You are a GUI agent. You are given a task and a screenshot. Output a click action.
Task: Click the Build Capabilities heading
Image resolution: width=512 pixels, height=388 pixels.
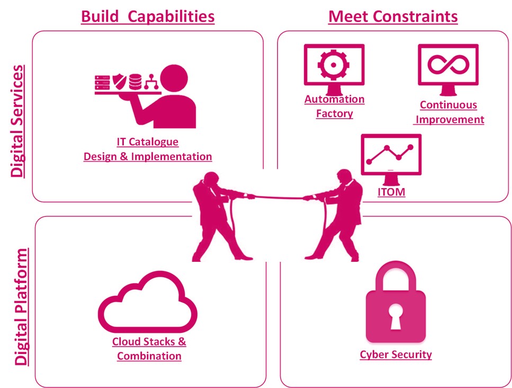(x=148, y=16)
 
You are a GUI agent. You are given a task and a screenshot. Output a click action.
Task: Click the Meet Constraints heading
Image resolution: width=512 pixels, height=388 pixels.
(x=393, y=16)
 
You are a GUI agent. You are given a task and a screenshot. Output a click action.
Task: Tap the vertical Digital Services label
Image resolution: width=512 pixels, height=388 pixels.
(x=17, y=121)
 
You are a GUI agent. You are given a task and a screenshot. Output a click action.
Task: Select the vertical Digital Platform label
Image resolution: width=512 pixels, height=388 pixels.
(x=21, y=306)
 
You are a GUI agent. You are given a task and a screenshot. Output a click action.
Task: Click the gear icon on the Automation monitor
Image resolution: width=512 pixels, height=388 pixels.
(x=334, y=65)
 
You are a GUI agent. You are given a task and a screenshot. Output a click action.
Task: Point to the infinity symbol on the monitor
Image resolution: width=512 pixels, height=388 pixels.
(x=448, y=64)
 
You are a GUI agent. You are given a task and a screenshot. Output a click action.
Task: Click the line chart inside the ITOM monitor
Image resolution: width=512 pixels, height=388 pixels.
(x=390, y=153)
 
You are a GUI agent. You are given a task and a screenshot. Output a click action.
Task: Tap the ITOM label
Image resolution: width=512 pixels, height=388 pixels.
(x=391, y=192)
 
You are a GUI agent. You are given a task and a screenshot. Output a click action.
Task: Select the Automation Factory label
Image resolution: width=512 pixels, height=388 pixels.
(x=335, y=106)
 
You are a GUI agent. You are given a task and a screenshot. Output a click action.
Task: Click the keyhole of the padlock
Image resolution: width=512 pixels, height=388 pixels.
(x=396, y=316)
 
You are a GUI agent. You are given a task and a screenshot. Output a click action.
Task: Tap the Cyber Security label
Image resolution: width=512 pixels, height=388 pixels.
(x=396, y=354)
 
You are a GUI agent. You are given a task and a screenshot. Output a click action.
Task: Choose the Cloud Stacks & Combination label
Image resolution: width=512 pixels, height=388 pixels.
(x=149, y=348)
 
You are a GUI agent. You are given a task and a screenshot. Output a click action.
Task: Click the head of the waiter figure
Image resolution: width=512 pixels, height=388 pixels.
(x=174, y=79)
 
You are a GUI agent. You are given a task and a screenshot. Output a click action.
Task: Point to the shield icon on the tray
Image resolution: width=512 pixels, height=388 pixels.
(x=119, y=82)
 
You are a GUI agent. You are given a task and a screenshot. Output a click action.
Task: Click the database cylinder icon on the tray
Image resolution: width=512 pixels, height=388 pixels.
(x=135, y=82)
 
